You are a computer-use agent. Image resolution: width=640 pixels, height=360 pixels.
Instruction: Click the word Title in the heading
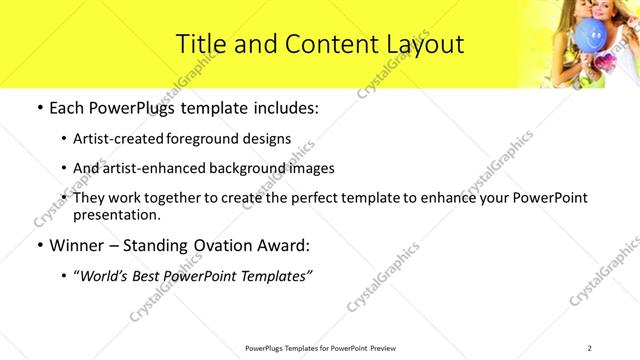coord(200,44)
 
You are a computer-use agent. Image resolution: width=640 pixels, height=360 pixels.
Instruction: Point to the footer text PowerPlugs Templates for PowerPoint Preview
coord(320,347)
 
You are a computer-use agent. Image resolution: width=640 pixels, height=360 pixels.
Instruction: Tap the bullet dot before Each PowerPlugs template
coord(39,107)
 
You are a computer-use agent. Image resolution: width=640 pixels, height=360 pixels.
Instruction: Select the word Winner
coord(77,244)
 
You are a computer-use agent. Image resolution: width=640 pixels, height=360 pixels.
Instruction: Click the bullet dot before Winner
coord(39,244)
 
